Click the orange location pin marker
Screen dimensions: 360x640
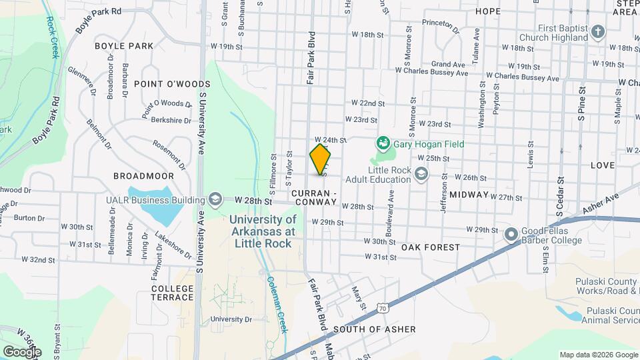pyautogui.click(x=321, y=159)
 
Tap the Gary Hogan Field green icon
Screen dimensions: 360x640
pyautogui.click(x=383, y=143)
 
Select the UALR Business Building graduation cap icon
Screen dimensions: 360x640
pyautogui.click(x=215, y=199)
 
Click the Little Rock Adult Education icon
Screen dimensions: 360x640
pyautogui.click(x=421, y=175)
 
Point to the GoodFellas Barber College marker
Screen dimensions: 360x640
pyautogui.click(x=511, y=235)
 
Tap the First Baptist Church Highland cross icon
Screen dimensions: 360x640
pyautogui.click(x=598, y=32)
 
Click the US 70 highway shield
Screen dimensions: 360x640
pyautogui.click(x=381, y=309)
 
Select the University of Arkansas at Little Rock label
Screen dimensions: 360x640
pyautogui.click(x=263, y=231)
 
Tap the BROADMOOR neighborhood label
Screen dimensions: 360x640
pyautogui.click(x=143, y=176)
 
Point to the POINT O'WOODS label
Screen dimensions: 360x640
pyautogui.click(x=171, y=84)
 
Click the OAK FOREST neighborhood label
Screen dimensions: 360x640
pyautogui.click(x=431, y=247)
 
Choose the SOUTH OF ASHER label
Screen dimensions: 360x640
pyautogui.click(x=375, y=329)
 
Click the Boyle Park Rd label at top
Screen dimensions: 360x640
pyautogui.click(x=98, y=19)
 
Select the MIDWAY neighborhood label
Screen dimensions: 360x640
pyautogui.click(x=469, y=195)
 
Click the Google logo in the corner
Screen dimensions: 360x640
pyautogui.click(x=22, y=351)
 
